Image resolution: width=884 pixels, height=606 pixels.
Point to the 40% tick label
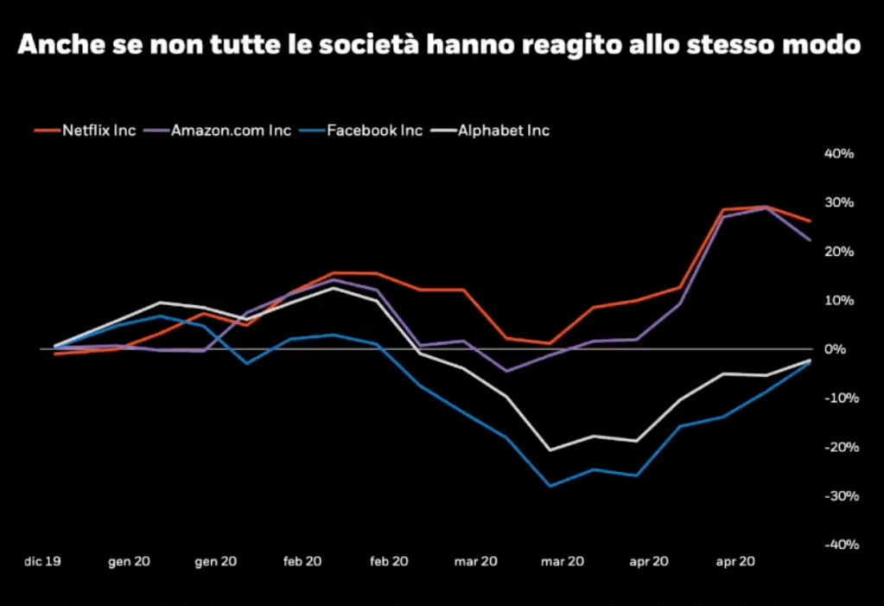pos(840,154)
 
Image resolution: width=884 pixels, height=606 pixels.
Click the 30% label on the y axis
pos(840,202)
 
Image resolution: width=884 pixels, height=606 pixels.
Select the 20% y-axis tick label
pos(840,252)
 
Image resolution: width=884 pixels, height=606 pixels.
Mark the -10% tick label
pos(838,398)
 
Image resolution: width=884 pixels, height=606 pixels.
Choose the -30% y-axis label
pos(838,495)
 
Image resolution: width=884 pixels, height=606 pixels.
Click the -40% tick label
pos(838,545)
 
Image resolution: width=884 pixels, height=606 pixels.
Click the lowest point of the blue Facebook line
pos(550,486)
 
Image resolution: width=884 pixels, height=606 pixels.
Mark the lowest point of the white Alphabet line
pos(550,450)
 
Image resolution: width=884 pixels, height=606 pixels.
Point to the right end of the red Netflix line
pos(810,221)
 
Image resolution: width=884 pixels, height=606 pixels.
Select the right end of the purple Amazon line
pos(810,240)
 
